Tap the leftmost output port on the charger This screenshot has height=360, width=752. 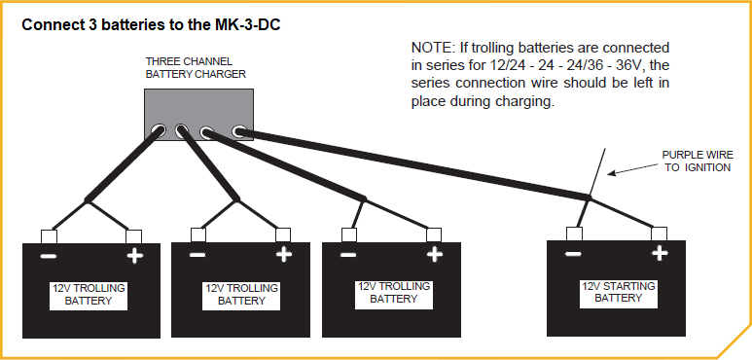click(157, 127)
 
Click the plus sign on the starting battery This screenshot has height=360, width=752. click(660, 254)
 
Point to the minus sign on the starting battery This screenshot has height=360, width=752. click(573, 254)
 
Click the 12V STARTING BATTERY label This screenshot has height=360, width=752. click(618, 292)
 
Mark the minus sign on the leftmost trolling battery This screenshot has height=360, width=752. click(46, 256)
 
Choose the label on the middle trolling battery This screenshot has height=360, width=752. click(241, 295)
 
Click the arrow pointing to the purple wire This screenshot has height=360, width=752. click(632, 168)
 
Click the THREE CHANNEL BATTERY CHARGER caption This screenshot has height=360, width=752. click(196, 67)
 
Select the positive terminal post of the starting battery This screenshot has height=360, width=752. click(660, 233)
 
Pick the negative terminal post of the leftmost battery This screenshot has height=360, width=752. click(48, 235)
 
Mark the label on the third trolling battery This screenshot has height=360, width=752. click(391, 293)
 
